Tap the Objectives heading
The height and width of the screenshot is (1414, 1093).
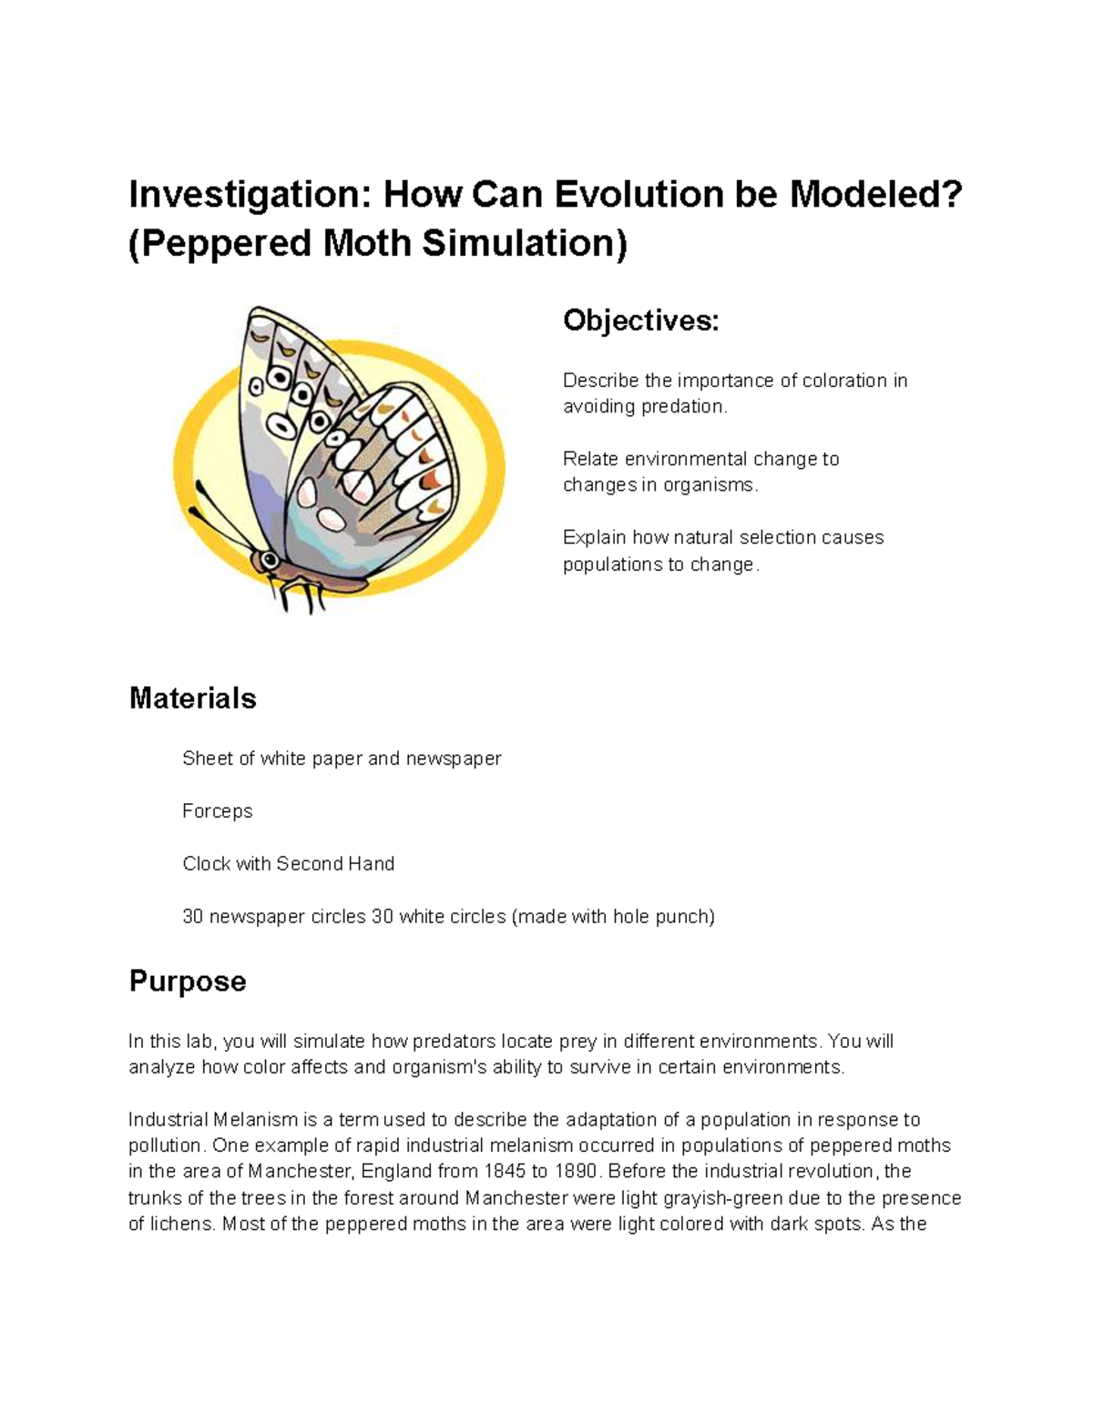point(640,320)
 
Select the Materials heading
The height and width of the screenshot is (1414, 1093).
point(192,698)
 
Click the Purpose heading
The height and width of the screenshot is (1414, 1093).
point(188,981)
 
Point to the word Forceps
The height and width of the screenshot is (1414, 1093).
point(217,810)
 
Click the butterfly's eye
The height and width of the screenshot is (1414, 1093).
point(266,557)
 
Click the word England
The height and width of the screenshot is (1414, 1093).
point(396,1171)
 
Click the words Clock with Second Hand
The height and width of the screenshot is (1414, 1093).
point(288,863)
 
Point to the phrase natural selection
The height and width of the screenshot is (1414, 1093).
point(743,537)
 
